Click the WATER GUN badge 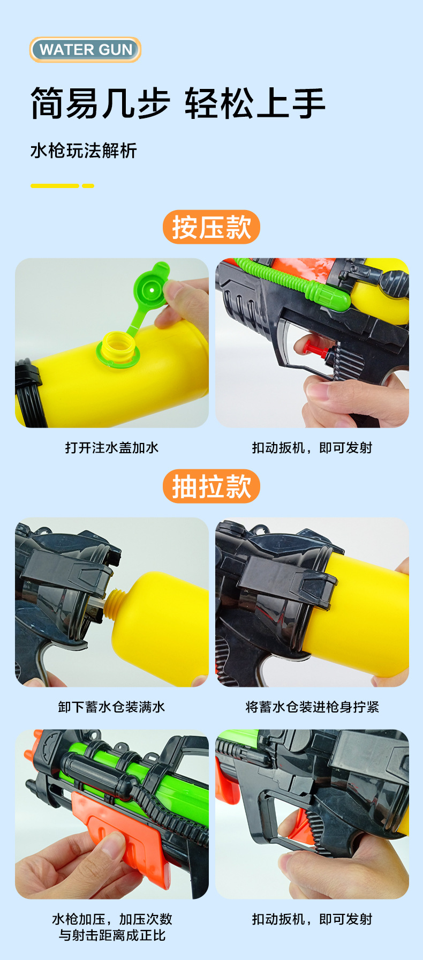click(x=85, y=50)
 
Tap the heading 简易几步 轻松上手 click(x=178, y=103)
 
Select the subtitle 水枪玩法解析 click(x=84, y=151)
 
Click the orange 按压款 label click(x=211, y=227)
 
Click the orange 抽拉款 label click(x=211, y=486)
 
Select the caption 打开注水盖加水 click(x=111, y=448)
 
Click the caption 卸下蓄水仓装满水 click(x=111, y=707)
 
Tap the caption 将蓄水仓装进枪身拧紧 click(x=312, y=707)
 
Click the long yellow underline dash click(x=55, y=186)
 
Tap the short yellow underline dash click(x=88, y=186)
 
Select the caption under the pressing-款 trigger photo click(x=312, y=448)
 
